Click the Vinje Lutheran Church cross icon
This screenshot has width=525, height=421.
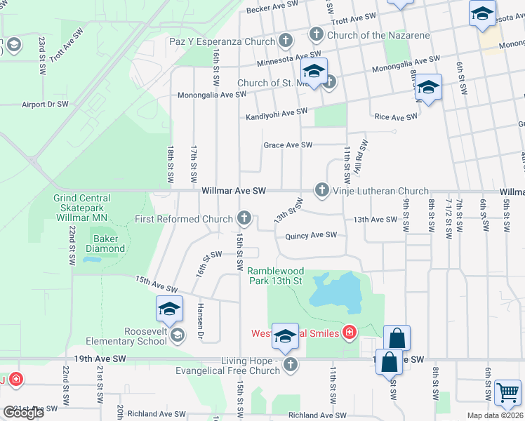(321, 189)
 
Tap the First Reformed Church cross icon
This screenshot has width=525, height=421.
(244, 218)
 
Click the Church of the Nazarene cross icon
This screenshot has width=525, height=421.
(316, 34)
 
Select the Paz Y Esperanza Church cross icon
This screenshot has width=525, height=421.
(285, 41)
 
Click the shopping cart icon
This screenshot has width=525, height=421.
(507, 392)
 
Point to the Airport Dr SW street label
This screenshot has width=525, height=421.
(45, 104)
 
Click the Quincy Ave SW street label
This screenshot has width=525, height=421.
(311, 236)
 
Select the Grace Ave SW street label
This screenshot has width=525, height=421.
(287, 145)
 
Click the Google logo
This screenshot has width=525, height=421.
(23, 413)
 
